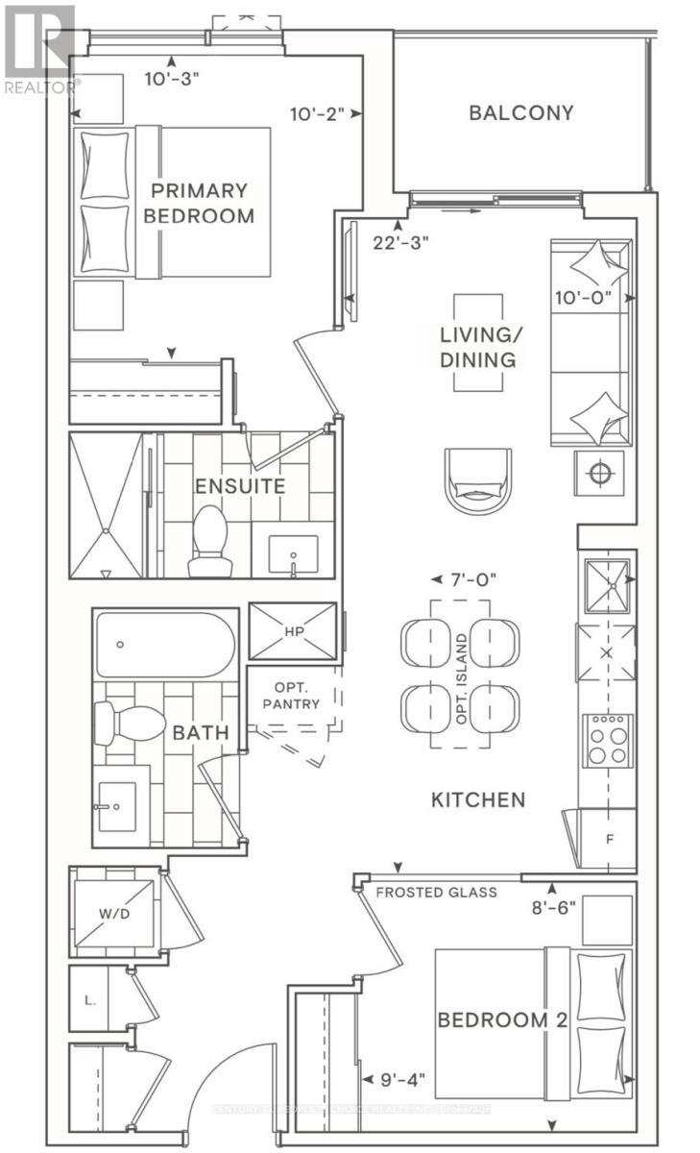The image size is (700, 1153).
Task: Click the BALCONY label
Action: [521, 112]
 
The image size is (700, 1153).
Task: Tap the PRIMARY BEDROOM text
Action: [199, 203]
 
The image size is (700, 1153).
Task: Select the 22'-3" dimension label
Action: [400, 242]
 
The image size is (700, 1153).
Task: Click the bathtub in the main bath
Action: [163, 645]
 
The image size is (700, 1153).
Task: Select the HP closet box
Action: [292, 632]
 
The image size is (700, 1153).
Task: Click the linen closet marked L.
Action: [90, 999]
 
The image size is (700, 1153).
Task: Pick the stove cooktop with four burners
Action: [607, 740]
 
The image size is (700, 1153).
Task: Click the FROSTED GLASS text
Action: [436, 893]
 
